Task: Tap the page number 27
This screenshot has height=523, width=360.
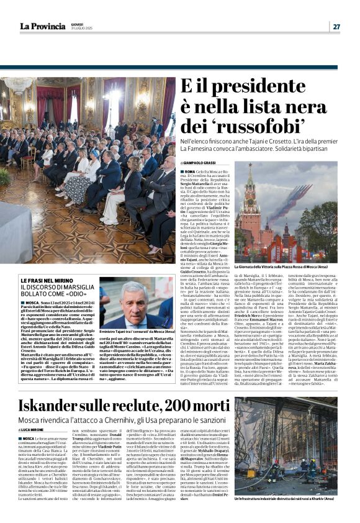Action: [x=336, y=26]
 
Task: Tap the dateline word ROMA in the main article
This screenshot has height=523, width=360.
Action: [x=188, y=171]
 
